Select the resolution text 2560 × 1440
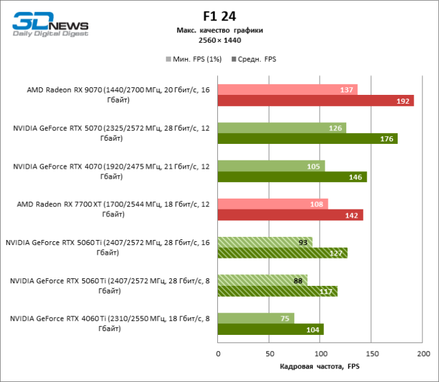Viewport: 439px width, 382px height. coord(220,40)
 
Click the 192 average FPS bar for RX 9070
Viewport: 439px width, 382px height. coord(315,101)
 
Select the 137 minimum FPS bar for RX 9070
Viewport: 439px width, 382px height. coord(287,90)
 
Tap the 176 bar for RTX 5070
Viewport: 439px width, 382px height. coord(307,139)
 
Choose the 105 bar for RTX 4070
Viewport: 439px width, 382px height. coord(271,166)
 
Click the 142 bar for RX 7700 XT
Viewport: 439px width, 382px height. coord(290,215)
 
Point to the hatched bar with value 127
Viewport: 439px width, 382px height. coord(283,253)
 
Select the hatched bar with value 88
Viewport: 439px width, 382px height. coord(262,280)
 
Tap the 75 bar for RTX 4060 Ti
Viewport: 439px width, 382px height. coord(256,318)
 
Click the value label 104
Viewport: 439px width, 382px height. coord(313,330)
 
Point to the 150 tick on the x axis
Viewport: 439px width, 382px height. coord(372,353)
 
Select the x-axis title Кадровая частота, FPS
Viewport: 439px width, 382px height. coord(320,367)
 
